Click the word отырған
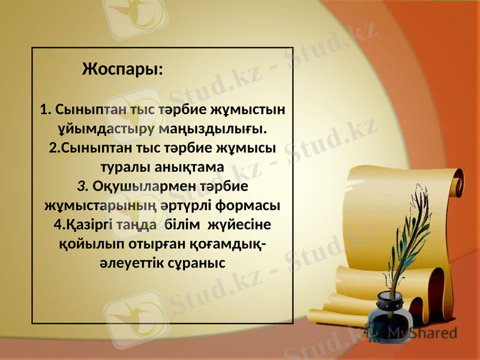pyautogui.click(x=157, y=244)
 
